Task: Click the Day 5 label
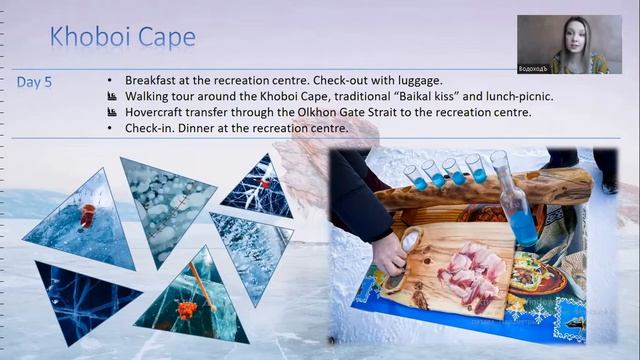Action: click(x=35, y=82)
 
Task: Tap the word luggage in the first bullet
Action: click(x=418, y=80)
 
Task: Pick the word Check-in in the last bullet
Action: click(x=151, y=128)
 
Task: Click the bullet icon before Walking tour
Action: click(x=111, y=96)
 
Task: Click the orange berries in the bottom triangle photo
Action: click(x=185, y=308)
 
